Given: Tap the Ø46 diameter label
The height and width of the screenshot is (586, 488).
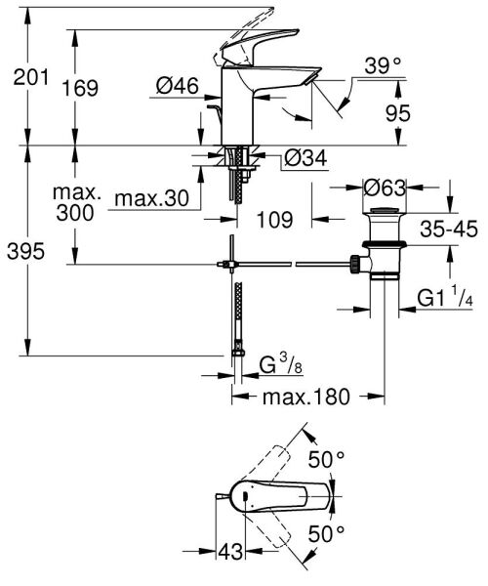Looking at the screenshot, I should point(177,87).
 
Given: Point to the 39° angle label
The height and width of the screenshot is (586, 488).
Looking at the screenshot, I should point(384,66).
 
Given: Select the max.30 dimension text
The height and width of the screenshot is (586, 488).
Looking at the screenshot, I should point(149,198).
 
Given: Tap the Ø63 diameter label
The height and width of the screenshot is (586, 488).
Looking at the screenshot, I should point(384,186).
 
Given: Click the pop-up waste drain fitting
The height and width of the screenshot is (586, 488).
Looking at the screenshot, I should point(382,254).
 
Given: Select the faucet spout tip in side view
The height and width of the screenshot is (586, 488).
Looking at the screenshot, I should point(310,78).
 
